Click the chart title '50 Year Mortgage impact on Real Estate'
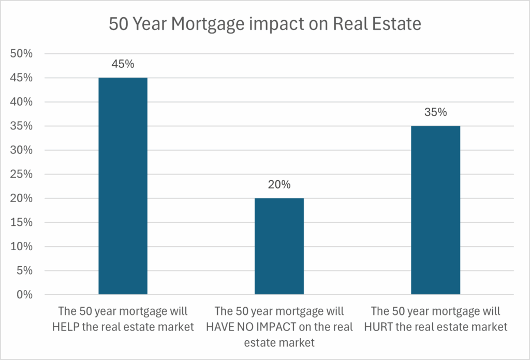click(264, 23)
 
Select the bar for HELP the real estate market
click(123, 186)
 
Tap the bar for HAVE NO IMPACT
click(279, 246)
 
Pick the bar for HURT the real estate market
click(435, 210)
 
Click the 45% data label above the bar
click(123, 64)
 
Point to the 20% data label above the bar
click(279, 185)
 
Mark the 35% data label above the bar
click(435, 112)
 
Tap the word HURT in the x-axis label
click(384, 327)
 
